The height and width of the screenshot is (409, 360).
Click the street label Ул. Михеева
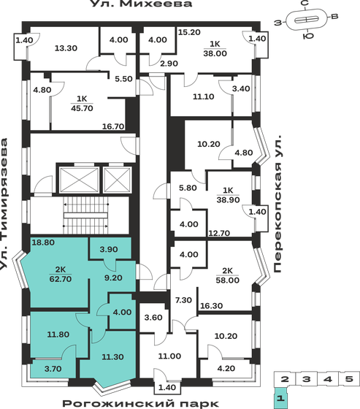pos(141,5)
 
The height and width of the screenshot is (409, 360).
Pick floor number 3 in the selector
pos(308,379)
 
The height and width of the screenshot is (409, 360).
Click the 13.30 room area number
pos(66,48)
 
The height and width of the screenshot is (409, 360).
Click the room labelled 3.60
pos(153,317)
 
